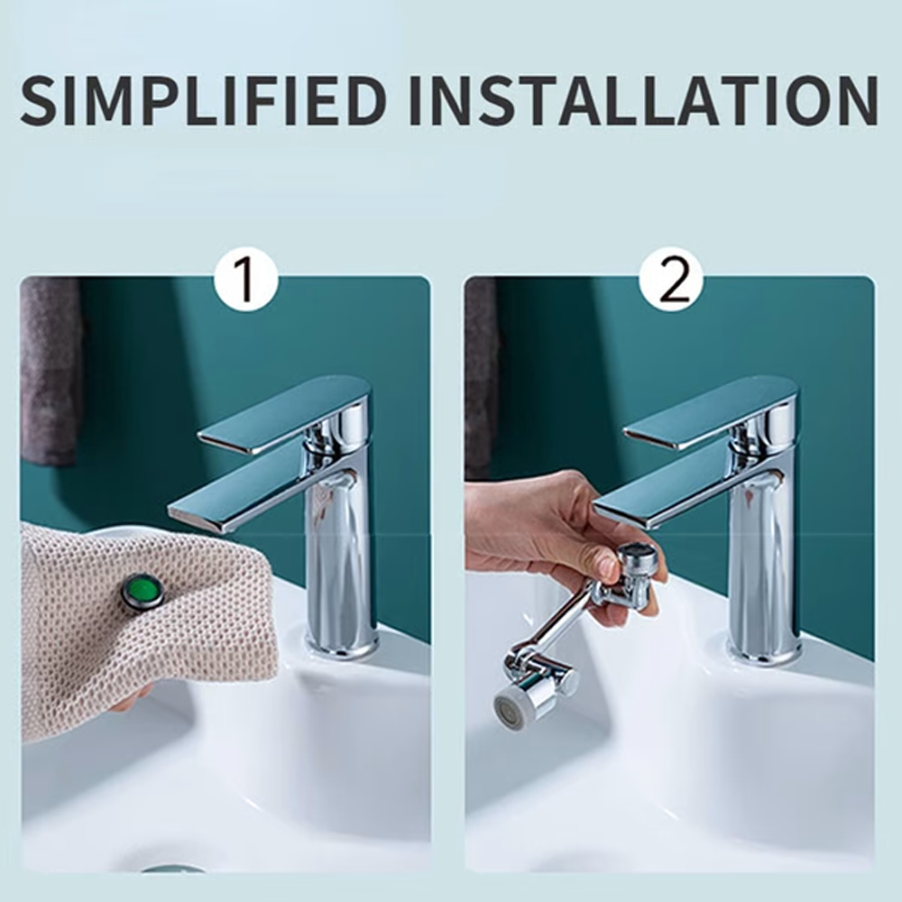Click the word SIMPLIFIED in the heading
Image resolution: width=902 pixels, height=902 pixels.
pos(204,100)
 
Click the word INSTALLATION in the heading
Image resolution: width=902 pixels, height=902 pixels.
pos(643,100)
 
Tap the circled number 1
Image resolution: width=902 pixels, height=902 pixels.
pos(245,281)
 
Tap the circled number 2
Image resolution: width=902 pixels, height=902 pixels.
pos(671,281)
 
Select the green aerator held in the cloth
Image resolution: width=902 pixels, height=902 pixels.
pos(143,592)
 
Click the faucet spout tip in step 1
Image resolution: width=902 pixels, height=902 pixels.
pos(185,515)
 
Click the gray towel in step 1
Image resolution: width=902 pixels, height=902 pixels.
pos(51,370)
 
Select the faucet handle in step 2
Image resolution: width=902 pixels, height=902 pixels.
pos(713,410)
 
